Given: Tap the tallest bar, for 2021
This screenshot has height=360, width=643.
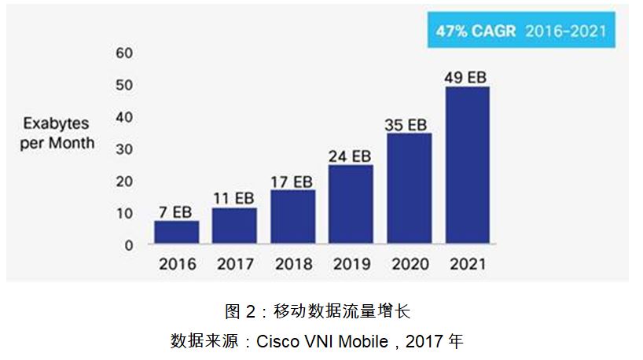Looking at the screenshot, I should (467, 165).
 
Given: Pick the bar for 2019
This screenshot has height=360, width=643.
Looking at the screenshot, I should (351, 204).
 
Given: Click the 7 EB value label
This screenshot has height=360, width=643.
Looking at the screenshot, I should (176, 213).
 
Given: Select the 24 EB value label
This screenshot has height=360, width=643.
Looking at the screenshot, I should (351, 156).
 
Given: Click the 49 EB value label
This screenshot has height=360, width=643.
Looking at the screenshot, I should (466, 78).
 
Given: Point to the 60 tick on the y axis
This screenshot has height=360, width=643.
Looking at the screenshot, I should (125, 53).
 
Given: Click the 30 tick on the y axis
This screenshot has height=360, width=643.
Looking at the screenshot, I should (125, 149).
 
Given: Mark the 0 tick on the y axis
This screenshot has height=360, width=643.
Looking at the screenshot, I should (129, 245).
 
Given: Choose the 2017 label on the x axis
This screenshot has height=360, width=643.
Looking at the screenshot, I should (234, 264).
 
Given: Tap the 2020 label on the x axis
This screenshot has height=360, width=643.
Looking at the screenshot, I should (409, 264).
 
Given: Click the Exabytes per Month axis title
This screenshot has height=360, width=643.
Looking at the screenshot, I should (57, 134).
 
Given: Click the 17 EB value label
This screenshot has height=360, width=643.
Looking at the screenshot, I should (292, 182).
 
